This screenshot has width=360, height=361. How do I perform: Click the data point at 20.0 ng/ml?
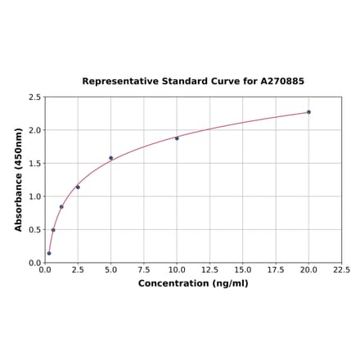click(308, 112)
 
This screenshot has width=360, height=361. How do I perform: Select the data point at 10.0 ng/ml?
click(177, 138)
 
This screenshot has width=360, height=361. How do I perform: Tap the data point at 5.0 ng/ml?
click(110, 158)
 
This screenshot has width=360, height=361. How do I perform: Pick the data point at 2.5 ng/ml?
click(78, 187)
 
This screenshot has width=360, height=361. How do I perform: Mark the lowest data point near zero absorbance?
click(49, 253)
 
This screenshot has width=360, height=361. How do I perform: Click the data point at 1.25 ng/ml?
click(61, 207)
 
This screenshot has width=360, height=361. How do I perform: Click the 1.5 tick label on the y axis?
click(34, 164)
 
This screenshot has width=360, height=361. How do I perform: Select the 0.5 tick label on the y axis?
click(34, 230)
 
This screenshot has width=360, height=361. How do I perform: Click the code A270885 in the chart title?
click(282, 82)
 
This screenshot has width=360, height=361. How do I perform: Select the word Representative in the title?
click(117, 82)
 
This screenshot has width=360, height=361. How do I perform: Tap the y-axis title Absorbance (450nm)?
click(18, 179)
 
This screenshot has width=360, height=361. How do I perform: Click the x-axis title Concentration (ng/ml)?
click(193, 284)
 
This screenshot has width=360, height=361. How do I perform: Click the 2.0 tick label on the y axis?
click(34, 131)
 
